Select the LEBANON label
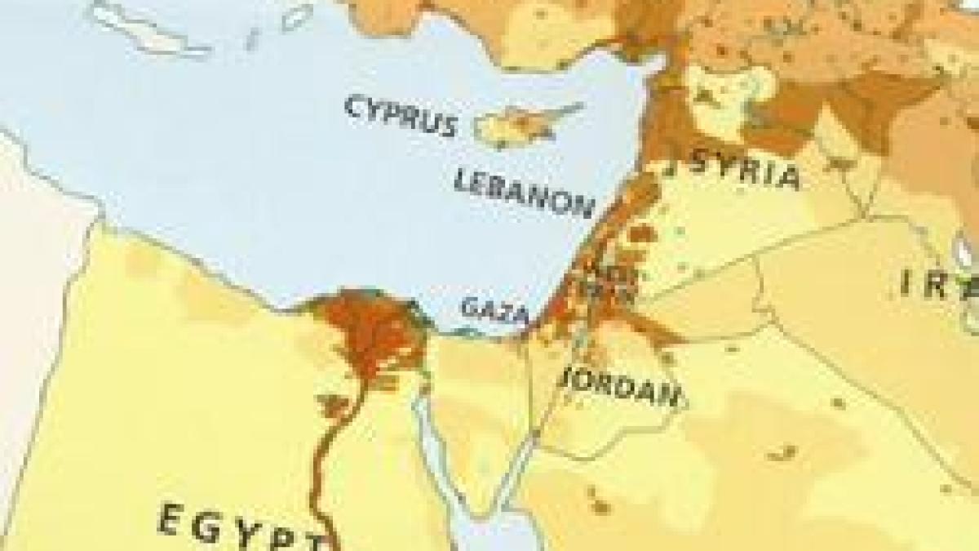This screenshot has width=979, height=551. (x=522, y=193)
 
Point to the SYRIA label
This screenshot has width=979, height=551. (x=743, y=167)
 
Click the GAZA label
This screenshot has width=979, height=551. (x=494, y=309)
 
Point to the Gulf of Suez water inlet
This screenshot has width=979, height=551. (x=432, y=441)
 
